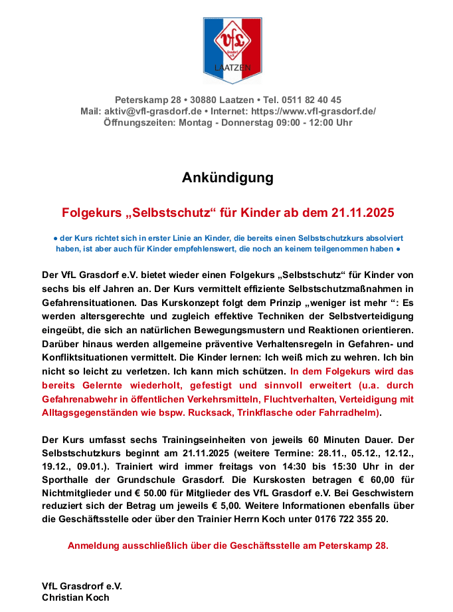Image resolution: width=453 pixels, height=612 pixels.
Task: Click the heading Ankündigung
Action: (227, 178)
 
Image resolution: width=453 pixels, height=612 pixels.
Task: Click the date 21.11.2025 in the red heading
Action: (357, 214)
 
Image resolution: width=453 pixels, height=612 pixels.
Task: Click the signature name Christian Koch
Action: (76, 597)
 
